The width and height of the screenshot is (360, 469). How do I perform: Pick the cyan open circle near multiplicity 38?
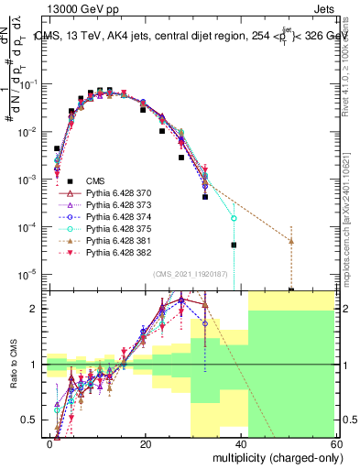234,219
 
